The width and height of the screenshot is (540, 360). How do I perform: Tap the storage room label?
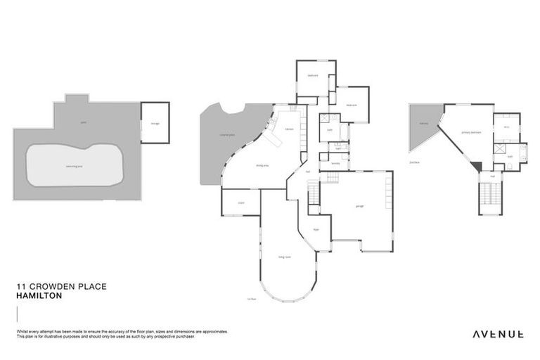155,124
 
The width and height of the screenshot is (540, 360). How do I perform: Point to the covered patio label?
226,134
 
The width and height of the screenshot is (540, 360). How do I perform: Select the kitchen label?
289,129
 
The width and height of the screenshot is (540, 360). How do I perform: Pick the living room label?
285,257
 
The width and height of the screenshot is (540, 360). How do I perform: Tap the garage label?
359,206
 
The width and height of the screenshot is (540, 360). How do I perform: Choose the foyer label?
316,229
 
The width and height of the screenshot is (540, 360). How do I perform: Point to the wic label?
506,127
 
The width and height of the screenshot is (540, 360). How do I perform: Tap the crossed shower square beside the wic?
501,149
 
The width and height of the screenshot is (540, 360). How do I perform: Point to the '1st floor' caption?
250,298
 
